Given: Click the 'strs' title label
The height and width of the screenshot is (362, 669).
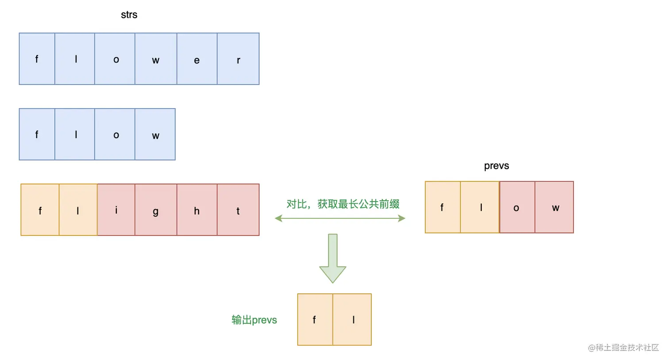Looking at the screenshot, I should point(129,15).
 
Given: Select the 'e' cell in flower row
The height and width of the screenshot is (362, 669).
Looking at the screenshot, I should point(197,59).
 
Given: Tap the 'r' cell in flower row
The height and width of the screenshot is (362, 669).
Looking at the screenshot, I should point(238,59).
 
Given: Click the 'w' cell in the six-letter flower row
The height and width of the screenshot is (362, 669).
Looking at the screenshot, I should point(156,59).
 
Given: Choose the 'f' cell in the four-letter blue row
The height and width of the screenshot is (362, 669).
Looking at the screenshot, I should point(37,134).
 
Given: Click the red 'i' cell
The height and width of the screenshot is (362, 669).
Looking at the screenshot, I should point(116,210).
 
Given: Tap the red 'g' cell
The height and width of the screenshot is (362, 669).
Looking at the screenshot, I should point(156,210).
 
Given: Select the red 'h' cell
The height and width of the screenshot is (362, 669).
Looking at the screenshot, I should point(197,210).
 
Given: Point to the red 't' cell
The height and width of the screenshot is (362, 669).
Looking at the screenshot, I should point(238,210).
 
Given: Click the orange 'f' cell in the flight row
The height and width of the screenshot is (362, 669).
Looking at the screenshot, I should point(40,210).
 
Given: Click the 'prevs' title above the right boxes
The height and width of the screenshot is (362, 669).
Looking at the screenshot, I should point(496,166).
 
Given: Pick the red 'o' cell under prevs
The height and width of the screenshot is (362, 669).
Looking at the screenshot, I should point(517,207).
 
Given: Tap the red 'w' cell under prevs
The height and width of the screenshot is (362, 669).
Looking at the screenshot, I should point(554,207).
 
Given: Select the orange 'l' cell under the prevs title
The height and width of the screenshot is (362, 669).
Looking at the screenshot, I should point(480,207).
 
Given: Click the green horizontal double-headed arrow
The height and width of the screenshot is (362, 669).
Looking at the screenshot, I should point(340,218).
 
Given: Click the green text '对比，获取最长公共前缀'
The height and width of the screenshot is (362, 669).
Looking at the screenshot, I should point(343,204).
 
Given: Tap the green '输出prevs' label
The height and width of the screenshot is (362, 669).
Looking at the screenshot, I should point(254,320).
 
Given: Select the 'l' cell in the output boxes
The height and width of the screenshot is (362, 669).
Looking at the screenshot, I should point(352,319).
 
